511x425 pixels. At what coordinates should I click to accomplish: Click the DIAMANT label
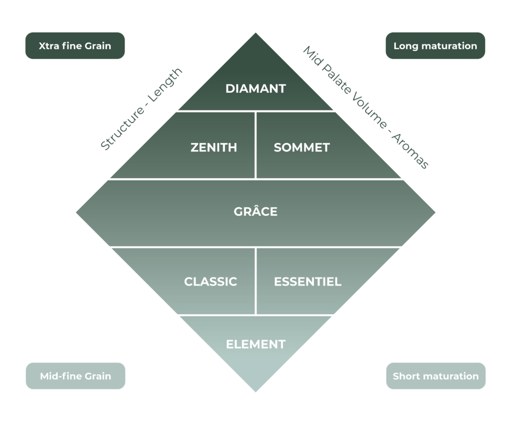(x=255, y=89)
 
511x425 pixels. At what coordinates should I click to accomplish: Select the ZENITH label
(x=214, y=148)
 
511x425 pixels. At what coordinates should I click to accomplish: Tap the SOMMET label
(x=301, y=148)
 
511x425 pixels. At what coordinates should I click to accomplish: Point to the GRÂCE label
(x=255, y=212)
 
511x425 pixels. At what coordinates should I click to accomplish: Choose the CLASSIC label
(x=211, y=282)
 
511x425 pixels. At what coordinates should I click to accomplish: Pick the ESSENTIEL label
(x=307, y=282)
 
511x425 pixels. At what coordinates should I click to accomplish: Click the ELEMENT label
(x=255, y=344)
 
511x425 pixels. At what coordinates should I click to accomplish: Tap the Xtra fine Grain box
(x=75, y=46)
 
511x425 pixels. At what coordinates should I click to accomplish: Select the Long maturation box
(x=435, y=46)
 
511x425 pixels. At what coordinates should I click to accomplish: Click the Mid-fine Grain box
(x=75, y=376)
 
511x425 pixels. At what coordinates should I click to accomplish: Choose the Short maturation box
(x=436, y=376)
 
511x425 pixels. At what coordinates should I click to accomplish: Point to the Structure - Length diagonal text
(x=142, y=108)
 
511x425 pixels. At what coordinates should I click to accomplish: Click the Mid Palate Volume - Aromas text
(x=366, y=108)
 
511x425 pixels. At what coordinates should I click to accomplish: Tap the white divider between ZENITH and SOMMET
(x=255, y=145)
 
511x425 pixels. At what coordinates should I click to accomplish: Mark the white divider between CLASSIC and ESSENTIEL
(x=255, y=281)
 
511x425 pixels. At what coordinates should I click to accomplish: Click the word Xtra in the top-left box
(x=49, y=46)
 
